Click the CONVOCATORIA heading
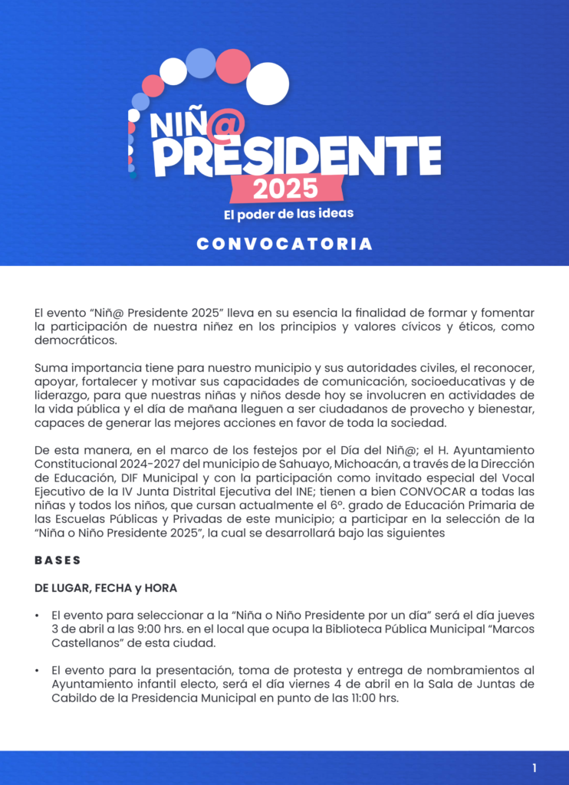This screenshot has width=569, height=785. pos(284,245)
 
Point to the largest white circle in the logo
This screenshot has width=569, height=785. pos(268,83)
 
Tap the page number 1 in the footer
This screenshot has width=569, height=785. pos(534,767)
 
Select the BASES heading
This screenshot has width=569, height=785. pos(58,560)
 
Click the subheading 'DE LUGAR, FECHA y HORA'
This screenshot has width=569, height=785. pos(105,588)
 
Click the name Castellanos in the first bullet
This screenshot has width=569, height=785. pos(86,643)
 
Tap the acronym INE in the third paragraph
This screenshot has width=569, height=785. pos(285,491)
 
